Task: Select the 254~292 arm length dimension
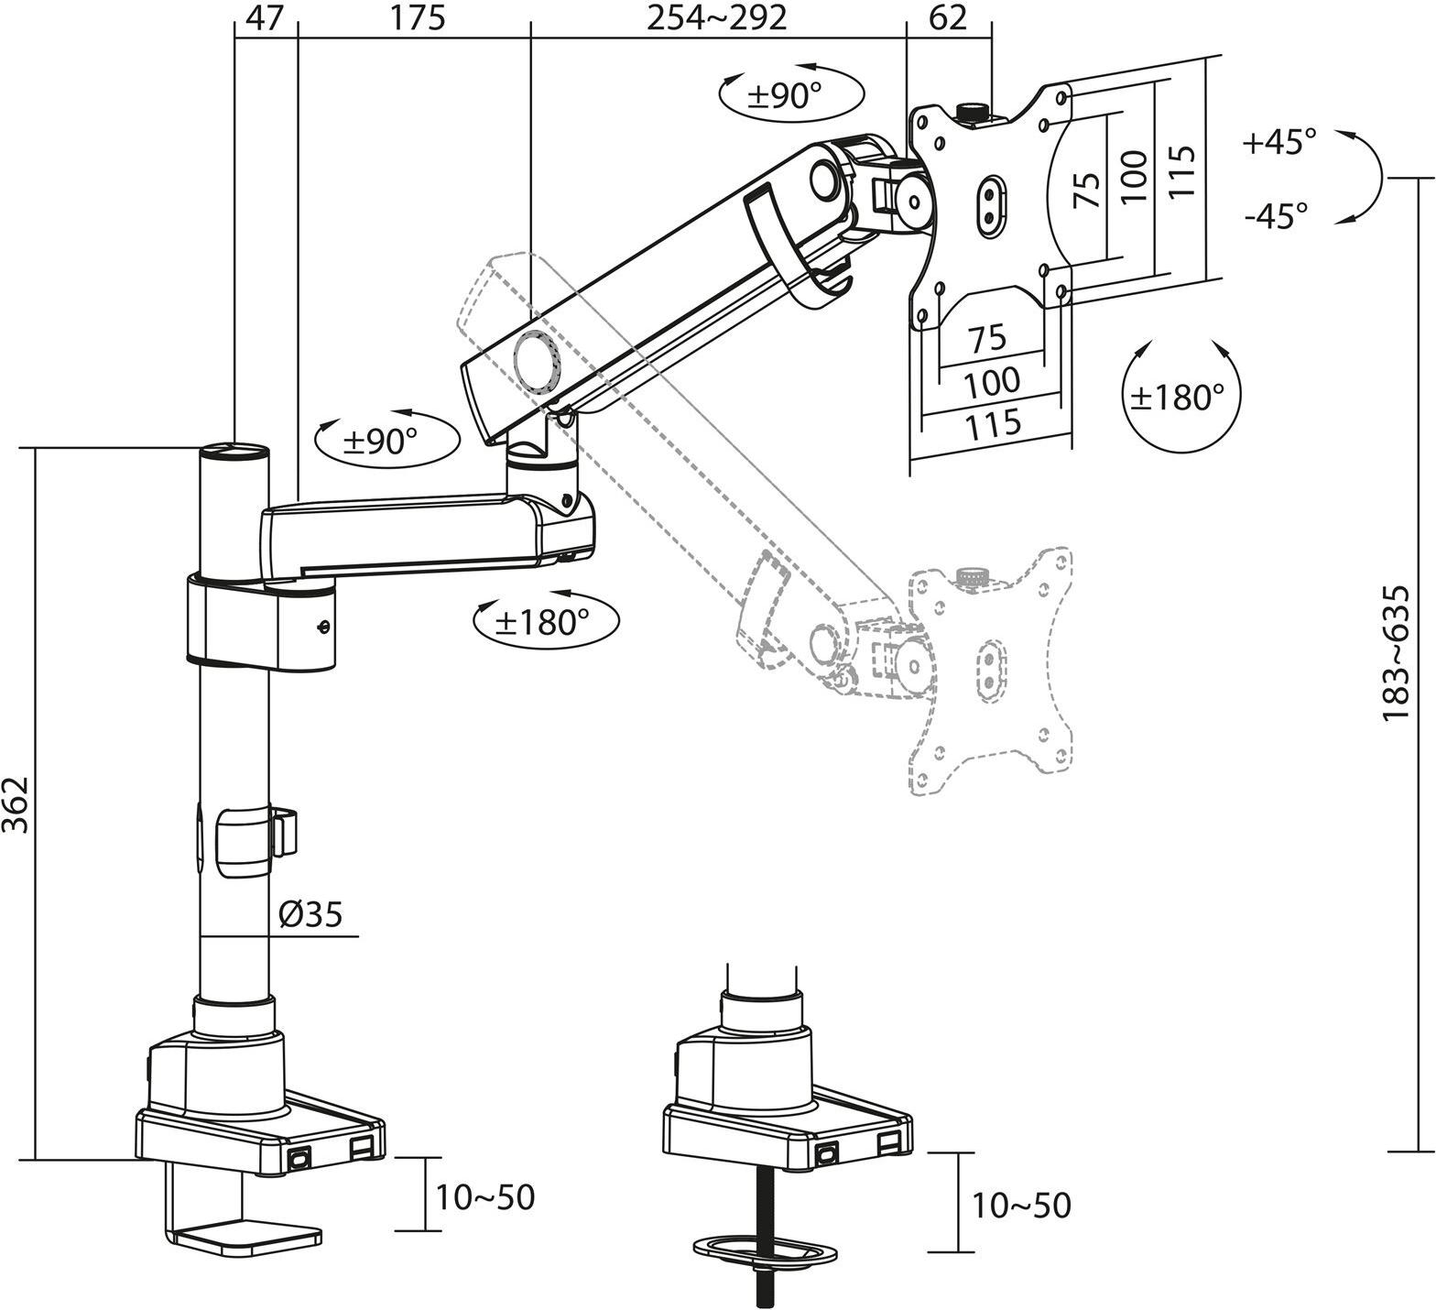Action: (717, 17)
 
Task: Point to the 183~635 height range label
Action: (1396, 653)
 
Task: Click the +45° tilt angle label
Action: (1279, 142)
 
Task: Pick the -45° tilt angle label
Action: (1276, 215)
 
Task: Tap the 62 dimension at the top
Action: (949, 17)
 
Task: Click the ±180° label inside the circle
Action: (1177, 397)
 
